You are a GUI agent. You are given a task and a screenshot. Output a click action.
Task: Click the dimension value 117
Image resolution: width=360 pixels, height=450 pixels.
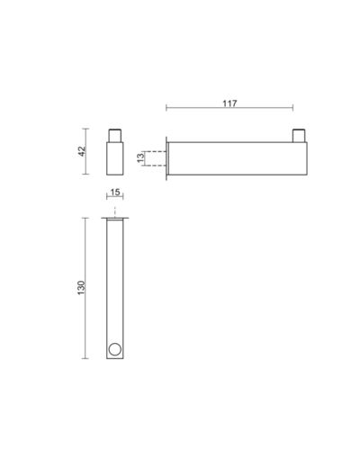(x=229, y=103)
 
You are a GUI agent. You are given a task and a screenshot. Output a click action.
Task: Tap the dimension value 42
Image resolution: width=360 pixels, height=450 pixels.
(x=82, y=151)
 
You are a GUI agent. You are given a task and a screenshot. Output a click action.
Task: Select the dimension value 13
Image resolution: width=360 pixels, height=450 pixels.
(x=140, y=157)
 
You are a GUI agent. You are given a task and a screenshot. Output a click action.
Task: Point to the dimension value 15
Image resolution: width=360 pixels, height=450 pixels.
(x=115, y=192)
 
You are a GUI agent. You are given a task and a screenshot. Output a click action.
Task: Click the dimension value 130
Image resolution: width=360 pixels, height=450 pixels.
(x=82, y=288)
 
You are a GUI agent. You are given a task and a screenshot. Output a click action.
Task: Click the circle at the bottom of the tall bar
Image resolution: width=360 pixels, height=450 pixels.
(x=115, y=349)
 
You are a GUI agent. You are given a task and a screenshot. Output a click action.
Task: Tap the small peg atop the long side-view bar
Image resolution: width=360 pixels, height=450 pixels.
(x=299, y=136)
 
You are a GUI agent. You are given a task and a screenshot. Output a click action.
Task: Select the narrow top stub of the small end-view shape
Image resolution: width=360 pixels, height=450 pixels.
(x=115, y=136)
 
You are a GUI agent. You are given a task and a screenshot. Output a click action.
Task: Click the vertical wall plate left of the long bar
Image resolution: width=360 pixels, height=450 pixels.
(x=166, y=158)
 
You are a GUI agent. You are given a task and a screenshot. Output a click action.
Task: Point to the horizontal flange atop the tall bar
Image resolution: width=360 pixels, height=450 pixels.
(x=115, y=218)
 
